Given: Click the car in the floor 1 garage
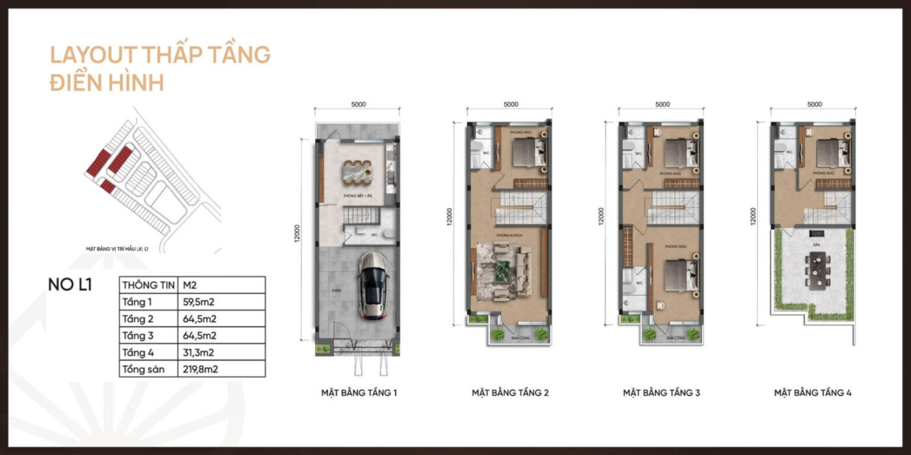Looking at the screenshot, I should (373, 285).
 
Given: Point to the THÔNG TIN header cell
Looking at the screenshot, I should (148, 284).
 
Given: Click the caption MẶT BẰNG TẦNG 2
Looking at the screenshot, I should (510, 393).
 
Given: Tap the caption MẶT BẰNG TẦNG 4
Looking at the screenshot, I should (813, 393).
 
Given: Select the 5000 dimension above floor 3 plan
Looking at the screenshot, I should (662, 104).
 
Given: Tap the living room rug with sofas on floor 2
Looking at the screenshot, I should (503, 271).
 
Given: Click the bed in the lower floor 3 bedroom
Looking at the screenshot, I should (681, 276).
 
